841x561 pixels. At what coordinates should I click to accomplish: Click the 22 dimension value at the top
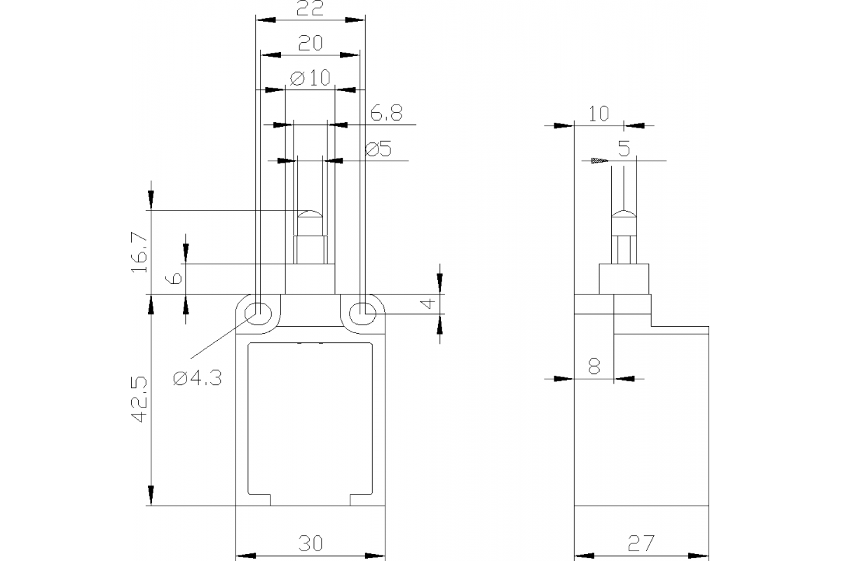(310, 9)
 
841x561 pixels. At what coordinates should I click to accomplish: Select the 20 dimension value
(310, 43)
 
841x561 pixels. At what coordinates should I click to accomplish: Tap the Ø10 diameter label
(309, 78)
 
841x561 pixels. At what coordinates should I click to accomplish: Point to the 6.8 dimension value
(386, 113)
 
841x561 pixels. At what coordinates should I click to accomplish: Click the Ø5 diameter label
(378, 149)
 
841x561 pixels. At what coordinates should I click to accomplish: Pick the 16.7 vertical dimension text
(138, 252)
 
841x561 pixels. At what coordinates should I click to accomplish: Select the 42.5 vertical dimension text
(138, 400)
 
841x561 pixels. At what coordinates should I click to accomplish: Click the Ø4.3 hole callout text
(197, 378)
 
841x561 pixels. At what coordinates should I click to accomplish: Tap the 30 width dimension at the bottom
(310, 543)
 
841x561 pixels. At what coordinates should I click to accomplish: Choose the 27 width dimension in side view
(641, 543)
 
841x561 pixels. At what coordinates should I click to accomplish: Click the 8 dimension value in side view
(594, 366)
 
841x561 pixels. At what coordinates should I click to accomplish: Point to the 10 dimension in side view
(599, 114)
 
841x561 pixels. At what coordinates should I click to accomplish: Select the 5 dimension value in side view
(624, 149)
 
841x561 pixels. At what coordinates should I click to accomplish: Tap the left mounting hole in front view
(259, 311)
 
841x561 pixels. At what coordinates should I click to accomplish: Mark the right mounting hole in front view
(362, 311)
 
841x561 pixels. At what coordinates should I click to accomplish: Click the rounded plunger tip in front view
(310, 214)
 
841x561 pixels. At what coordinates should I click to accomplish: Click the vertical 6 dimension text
(176, 278)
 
